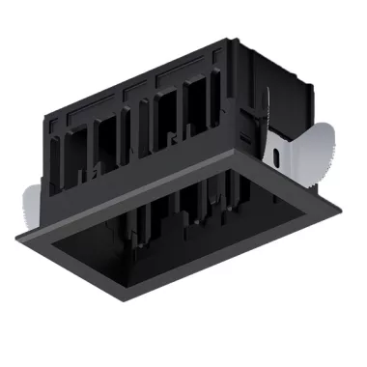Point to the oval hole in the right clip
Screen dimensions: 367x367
(x=280, y=152)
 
